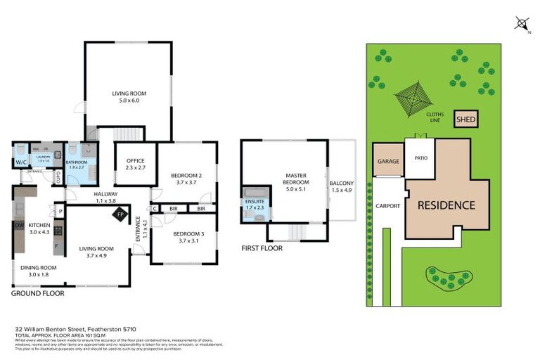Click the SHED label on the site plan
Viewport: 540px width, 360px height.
(x=466, y=120)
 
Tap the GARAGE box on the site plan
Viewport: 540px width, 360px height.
(x=388, y=161)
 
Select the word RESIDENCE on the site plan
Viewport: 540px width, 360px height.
(x=446, y=205)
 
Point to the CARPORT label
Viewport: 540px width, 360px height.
(x=387, y=206)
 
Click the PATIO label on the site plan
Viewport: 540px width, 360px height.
(x=420, y=158)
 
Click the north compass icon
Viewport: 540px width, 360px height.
(x=522, y=25)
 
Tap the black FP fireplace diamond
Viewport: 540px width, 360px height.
(x=121, y=214)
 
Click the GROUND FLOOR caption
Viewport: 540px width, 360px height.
(x=37, y=293)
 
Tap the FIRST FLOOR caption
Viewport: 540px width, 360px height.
(x=262, y=248)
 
